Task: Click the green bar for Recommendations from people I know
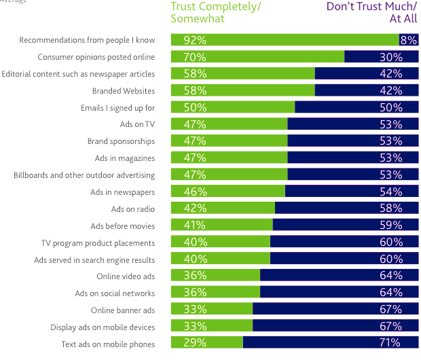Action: tap(285, 40)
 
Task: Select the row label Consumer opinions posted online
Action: tap(96, 57)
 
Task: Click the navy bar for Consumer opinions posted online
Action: tap(382, 57)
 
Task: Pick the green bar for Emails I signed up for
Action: tap(233, 107)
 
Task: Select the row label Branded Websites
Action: tap(124, 90)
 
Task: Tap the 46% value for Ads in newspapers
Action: tap(195, 192)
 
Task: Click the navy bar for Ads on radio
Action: tap(346, 209)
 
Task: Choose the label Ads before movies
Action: tap(122, 226)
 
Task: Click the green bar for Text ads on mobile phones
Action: tap(207, 342)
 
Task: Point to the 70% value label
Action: tap(195, 57)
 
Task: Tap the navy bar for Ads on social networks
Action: tap(339, 293)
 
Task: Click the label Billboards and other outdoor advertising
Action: tap(84, 175)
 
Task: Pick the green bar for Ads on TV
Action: tap(230, 124)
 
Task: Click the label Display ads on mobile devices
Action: tap(103, 327)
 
